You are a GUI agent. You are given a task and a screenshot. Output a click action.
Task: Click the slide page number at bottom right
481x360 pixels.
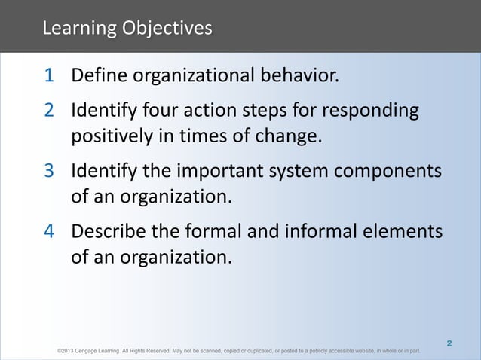(x=449, y=343)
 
